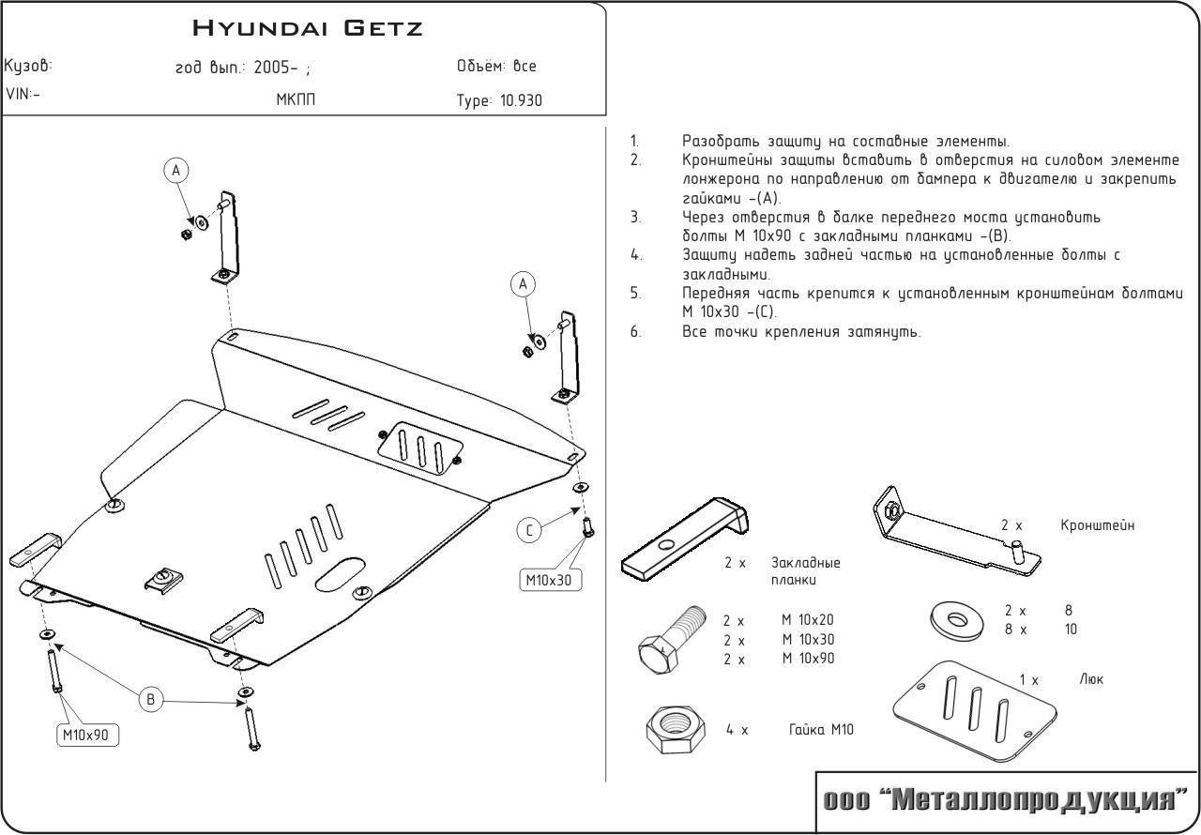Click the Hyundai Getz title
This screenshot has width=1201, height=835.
coord(308,27)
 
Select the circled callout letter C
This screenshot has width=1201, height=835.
coord(529,531)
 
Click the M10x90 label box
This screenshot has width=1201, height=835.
coord(90,736)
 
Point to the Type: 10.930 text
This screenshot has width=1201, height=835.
coord(499,100)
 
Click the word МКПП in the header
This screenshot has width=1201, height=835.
coord(296,99)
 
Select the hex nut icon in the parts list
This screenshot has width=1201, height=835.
coord(669,726)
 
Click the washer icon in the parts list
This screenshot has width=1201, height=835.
coord(953,620)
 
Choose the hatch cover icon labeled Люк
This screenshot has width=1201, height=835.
coord(976,708)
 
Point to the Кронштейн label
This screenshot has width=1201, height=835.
coord(1098,525)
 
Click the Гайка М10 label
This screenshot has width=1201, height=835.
coord(822,730)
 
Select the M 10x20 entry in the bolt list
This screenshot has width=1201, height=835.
coord(808,620)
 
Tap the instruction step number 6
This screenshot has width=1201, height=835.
coord(635,331)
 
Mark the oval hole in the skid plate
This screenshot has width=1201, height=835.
coord(340,573)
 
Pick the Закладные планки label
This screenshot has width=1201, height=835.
coord(805,571)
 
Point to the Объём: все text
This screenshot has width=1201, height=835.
coord(496,66)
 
